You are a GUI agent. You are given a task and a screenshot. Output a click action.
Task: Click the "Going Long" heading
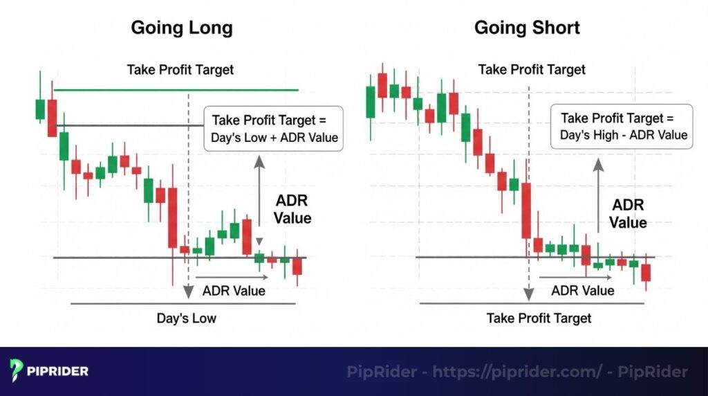click(182, 28)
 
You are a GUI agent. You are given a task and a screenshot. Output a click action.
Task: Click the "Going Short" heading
click(527, 28)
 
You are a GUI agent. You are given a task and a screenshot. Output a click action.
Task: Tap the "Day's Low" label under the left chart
click(186, 318)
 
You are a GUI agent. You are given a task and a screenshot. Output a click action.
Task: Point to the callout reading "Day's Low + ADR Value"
click(274, 128)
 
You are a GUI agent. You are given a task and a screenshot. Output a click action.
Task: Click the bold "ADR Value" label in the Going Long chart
click(292, 210)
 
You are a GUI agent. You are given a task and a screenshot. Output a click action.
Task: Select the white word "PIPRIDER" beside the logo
click(58, 371)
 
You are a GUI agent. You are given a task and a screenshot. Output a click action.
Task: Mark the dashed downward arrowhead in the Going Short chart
click(529, 294)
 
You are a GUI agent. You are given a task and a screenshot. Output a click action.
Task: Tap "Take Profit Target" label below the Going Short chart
click(539, 318)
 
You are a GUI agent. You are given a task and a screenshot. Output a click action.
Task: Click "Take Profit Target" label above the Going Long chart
click(180, 69)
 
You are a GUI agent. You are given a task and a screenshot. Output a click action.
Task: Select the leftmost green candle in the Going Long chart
click(40, 109)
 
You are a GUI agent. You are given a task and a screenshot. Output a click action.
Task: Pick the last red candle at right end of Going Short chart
click(646, 272)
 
